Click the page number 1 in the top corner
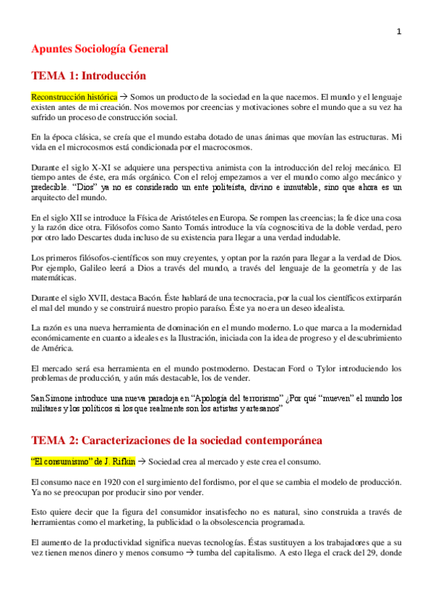click(398, 31)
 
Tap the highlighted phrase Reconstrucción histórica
click(73, 96)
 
